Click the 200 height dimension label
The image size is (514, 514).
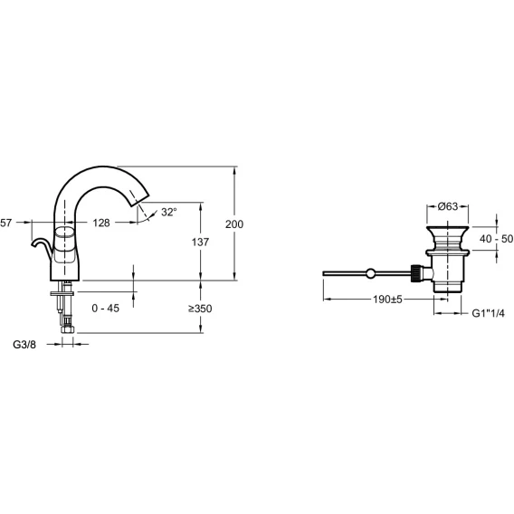[x=234, y=224]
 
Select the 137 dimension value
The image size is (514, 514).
[x=200, y=243]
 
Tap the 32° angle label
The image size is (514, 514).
[x=169, y=212]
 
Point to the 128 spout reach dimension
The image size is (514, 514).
[x=101, y=223]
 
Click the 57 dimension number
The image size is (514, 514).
[x=6, y=223]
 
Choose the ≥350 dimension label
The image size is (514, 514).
[x=200, y=309]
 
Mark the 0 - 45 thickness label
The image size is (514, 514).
[x=106, y=309]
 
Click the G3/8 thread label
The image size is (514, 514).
[x=24, y=345]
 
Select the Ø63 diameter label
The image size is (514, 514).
[x=447, y=206]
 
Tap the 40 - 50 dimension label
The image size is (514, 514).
[x=496, y=239]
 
